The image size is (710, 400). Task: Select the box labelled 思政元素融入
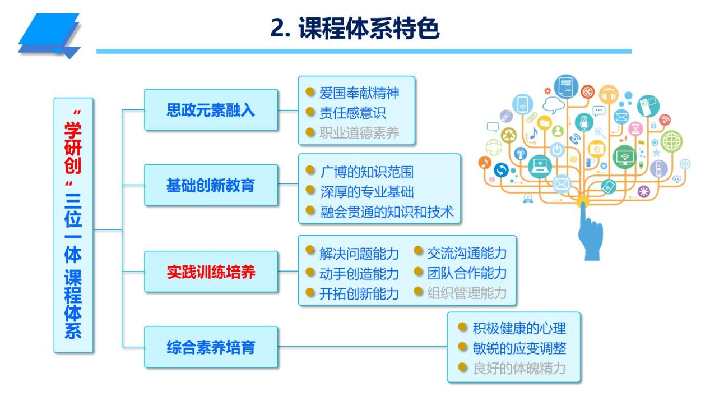point(211,110)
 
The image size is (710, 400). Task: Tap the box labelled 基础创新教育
point(211,185)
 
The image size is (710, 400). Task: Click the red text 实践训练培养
point(211,272)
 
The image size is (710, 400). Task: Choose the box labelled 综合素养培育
point(211,347)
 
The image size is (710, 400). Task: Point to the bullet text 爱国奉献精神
point(359,93)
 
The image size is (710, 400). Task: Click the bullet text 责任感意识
point(352,113)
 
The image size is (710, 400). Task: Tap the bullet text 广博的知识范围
point(366,171)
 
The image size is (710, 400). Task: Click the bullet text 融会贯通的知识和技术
point(387,212)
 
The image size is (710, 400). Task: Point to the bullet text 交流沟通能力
point(467,252)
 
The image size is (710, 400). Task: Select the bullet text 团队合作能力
point(467,273)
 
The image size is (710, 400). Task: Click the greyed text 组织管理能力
point(467,293)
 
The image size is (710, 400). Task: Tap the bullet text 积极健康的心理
point(518,328)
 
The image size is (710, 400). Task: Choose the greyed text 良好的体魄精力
point(518,369)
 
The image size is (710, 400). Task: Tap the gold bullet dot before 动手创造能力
point(310,272)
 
